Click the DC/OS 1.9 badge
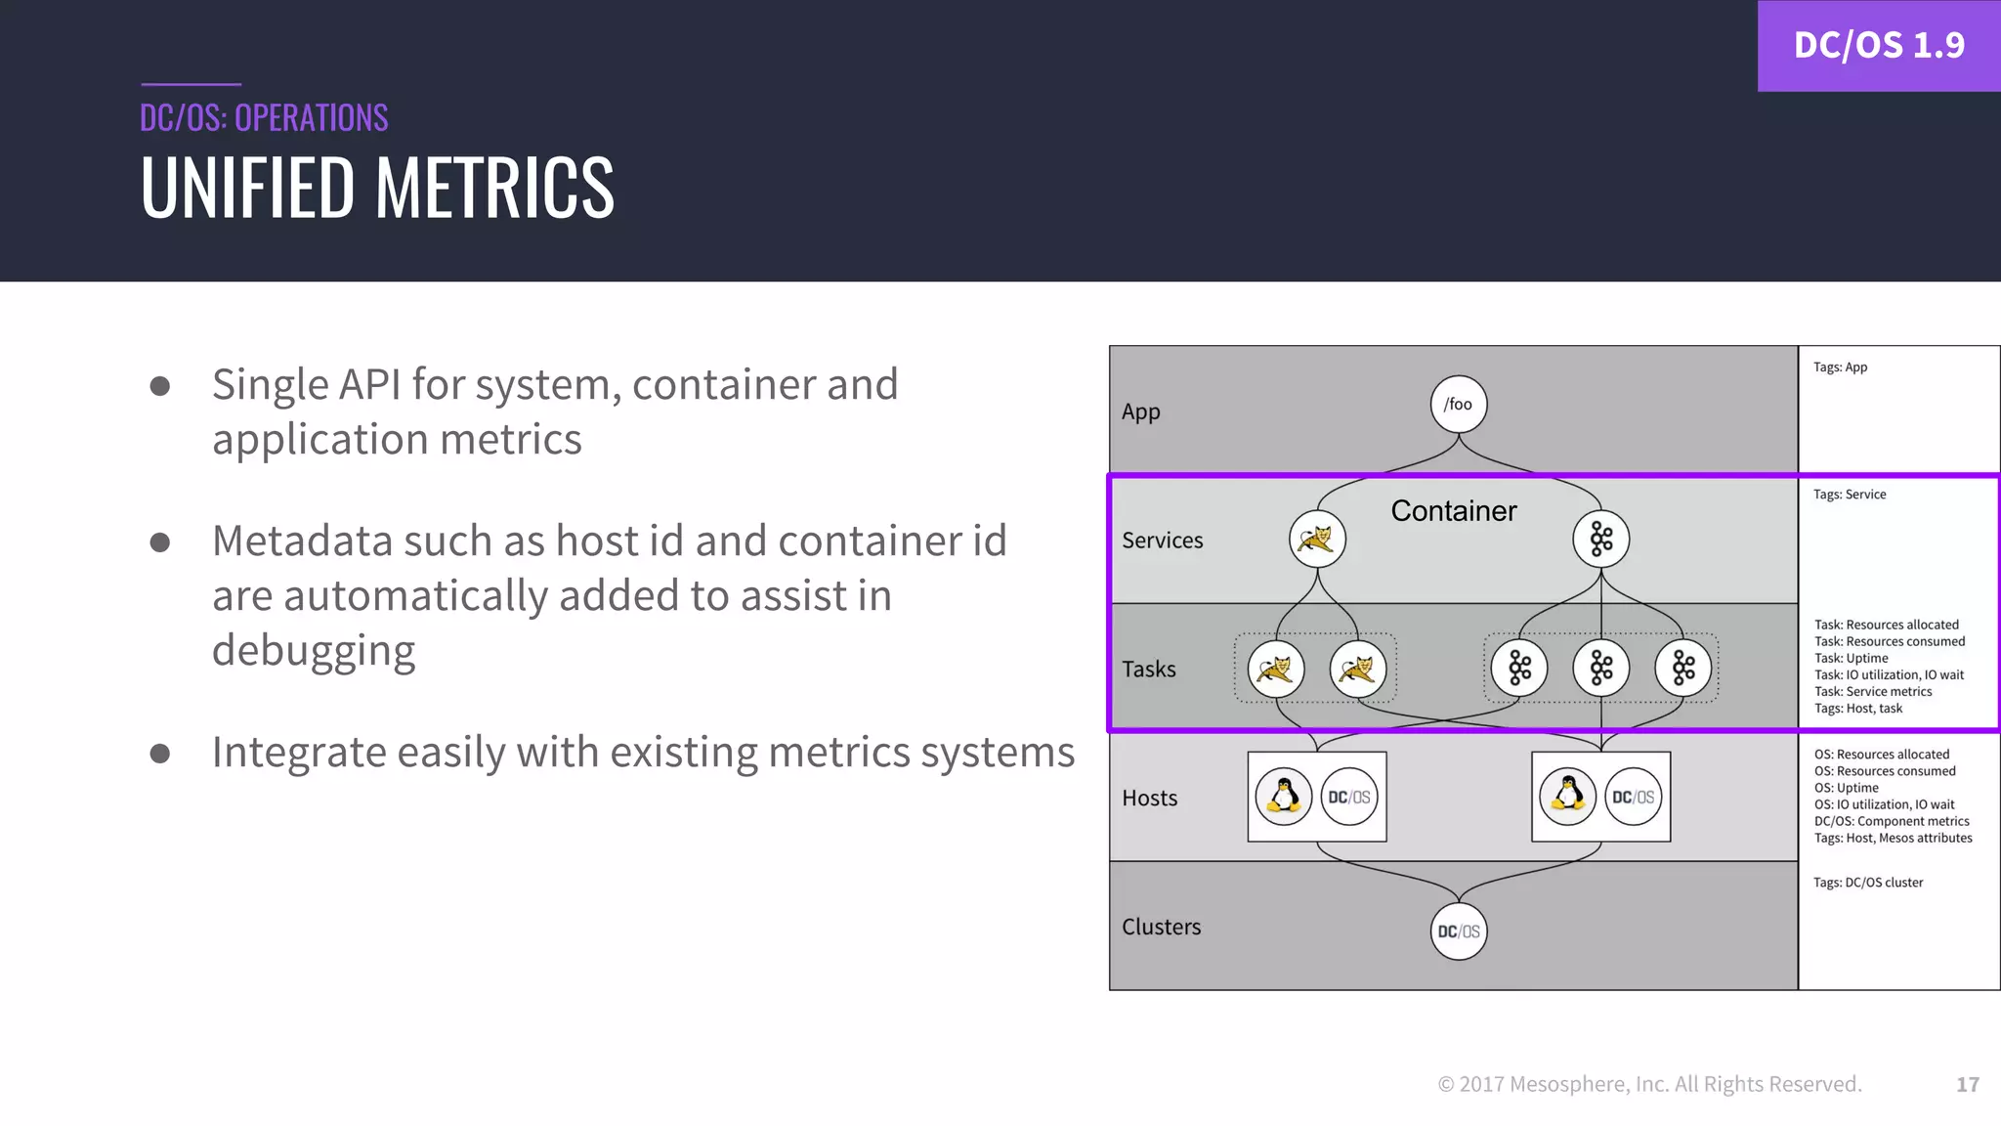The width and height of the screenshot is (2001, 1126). [1878, 45]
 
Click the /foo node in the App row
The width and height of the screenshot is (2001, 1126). [1458, 404]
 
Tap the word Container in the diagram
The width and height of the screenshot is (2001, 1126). [1453, 510]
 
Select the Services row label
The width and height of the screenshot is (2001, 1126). [1162, 540]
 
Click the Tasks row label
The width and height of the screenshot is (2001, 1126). [1148, 669]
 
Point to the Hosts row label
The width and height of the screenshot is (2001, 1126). [1149, 798]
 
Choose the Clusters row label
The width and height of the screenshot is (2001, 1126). [1161, 927]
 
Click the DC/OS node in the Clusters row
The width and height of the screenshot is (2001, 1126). [1458, 931]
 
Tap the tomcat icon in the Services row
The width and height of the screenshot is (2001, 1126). [1316, 539]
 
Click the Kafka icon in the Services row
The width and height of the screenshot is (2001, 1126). [1600, 539]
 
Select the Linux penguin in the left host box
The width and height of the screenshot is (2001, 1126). [1283, 797]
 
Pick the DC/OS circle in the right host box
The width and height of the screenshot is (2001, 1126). [1633, 797]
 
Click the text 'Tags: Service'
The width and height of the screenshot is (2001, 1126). [1849, 495]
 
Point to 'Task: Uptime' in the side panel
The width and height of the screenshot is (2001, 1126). [1851, 658]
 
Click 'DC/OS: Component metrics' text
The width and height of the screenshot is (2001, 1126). [1891, 821]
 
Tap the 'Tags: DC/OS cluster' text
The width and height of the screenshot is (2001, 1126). [1867, 883]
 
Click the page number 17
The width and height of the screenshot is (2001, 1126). [1967, 1084]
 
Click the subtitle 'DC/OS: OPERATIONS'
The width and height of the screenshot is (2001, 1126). [264, 117]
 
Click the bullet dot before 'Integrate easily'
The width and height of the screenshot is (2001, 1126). [160, 754]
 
